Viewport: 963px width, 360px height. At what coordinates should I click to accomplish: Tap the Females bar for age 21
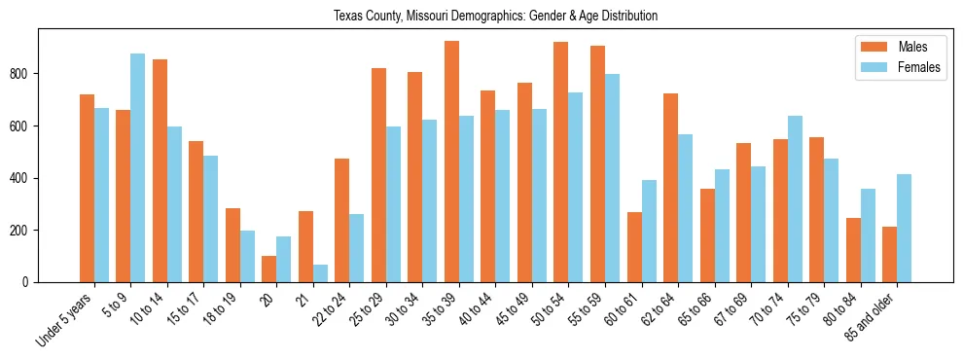320,273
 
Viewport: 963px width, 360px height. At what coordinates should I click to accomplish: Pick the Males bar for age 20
269,269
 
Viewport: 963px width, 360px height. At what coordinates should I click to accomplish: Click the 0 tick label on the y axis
31,282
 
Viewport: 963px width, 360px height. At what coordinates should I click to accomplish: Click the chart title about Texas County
495,17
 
